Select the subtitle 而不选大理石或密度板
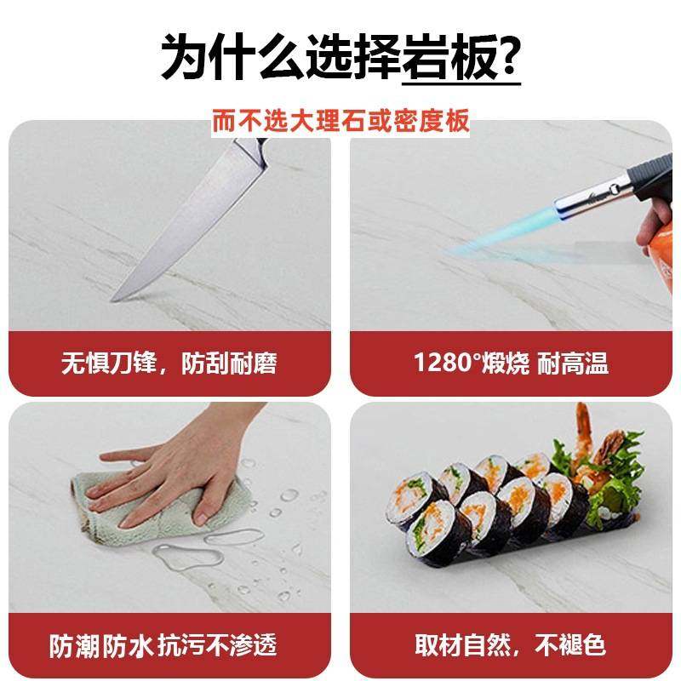[x=340, y=121]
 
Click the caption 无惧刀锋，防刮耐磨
[x=169, y=363]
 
